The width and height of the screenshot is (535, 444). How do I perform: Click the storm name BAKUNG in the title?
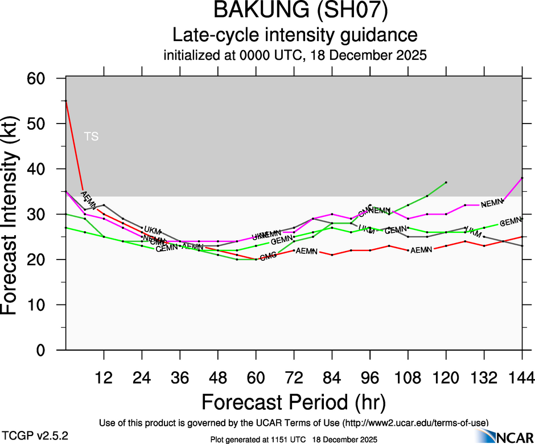(x=256, y=11)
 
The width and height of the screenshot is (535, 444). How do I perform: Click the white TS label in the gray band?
(x=91, y=137)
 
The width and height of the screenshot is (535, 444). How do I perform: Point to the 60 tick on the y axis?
(x=46, y=78)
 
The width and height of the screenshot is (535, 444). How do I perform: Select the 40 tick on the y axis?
(x=46, y=169)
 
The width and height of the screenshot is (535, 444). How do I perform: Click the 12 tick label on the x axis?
(x=104, y=379)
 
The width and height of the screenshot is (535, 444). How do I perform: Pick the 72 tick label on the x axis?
(x=294, y=379)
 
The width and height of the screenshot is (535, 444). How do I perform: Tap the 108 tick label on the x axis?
(x=408, y=379)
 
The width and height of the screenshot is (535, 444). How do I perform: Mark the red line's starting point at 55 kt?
(x=66, y=101)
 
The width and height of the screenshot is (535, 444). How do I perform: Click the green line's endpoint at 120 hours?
(x=446, y=182)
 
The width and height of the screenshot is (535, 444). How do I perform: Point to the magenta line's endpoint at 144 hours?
(x=522, y=178)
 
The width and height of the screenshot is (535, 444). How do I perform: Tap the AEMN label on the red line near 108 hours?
(x=421, y=250)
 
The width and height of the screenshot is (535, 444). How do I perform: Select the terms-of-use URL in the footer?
(x=415, y=422)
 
